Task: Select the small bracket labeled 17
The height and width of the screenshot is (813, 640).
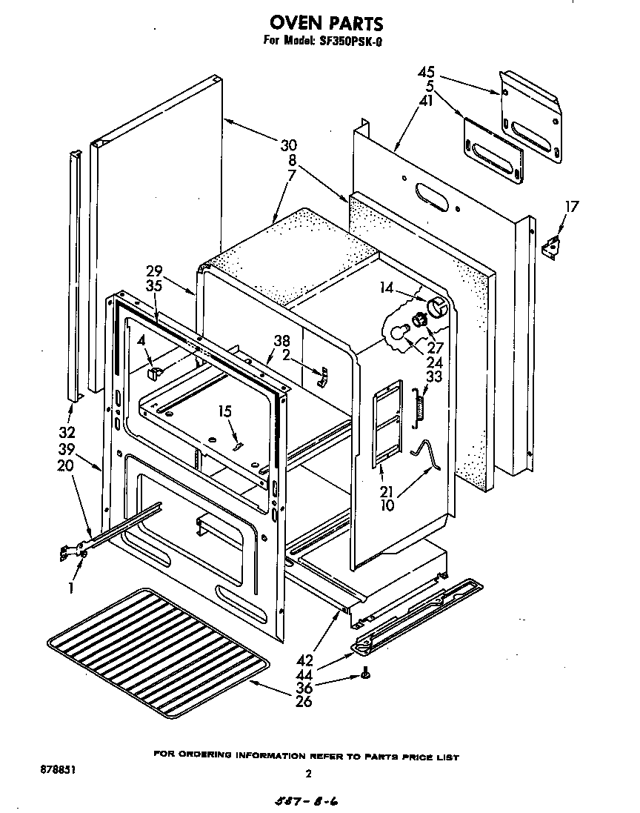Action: [552, 248]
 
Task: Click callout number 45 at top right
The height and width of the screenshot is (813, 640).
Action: [426, 73]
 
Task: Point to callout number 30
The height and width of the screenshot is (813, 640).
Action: [288, 145]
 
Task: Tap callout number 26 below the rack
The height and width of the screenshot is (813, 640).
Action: [303, 701]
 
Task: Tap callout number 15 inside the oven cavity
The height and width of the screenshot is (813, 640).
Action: [224, 411]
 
